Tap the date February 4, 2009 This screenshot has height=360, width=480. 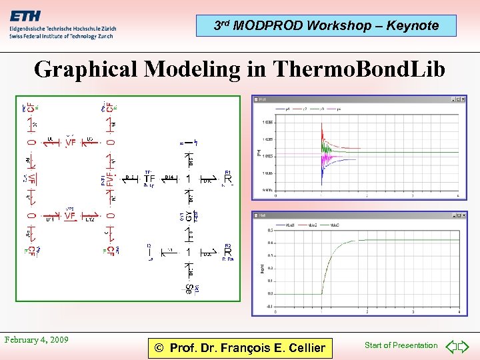click(36, 340)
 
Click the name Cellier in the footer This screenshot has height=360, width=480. click(301, 347)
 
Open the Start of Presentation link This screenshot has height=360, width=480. click(401, 345)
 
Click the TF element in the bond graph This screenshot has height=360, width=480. click(149, 179)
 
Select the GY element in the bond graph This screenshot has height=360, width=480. click(189, 216)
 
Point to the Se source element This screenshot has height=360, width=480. click(189, 289)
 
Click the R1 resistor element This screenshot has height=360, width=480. click(228, 179)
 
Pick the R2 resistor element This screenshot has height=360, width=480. click(228, 252)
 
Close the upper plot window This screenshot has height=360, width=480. click(463, 99)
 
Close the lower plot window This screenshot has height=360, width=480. click(463, 215)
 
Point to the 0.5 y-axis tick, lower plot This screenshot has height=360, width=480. click(269, 230)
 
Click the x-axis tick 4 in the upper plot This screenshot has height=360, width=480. click(457, 196)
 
